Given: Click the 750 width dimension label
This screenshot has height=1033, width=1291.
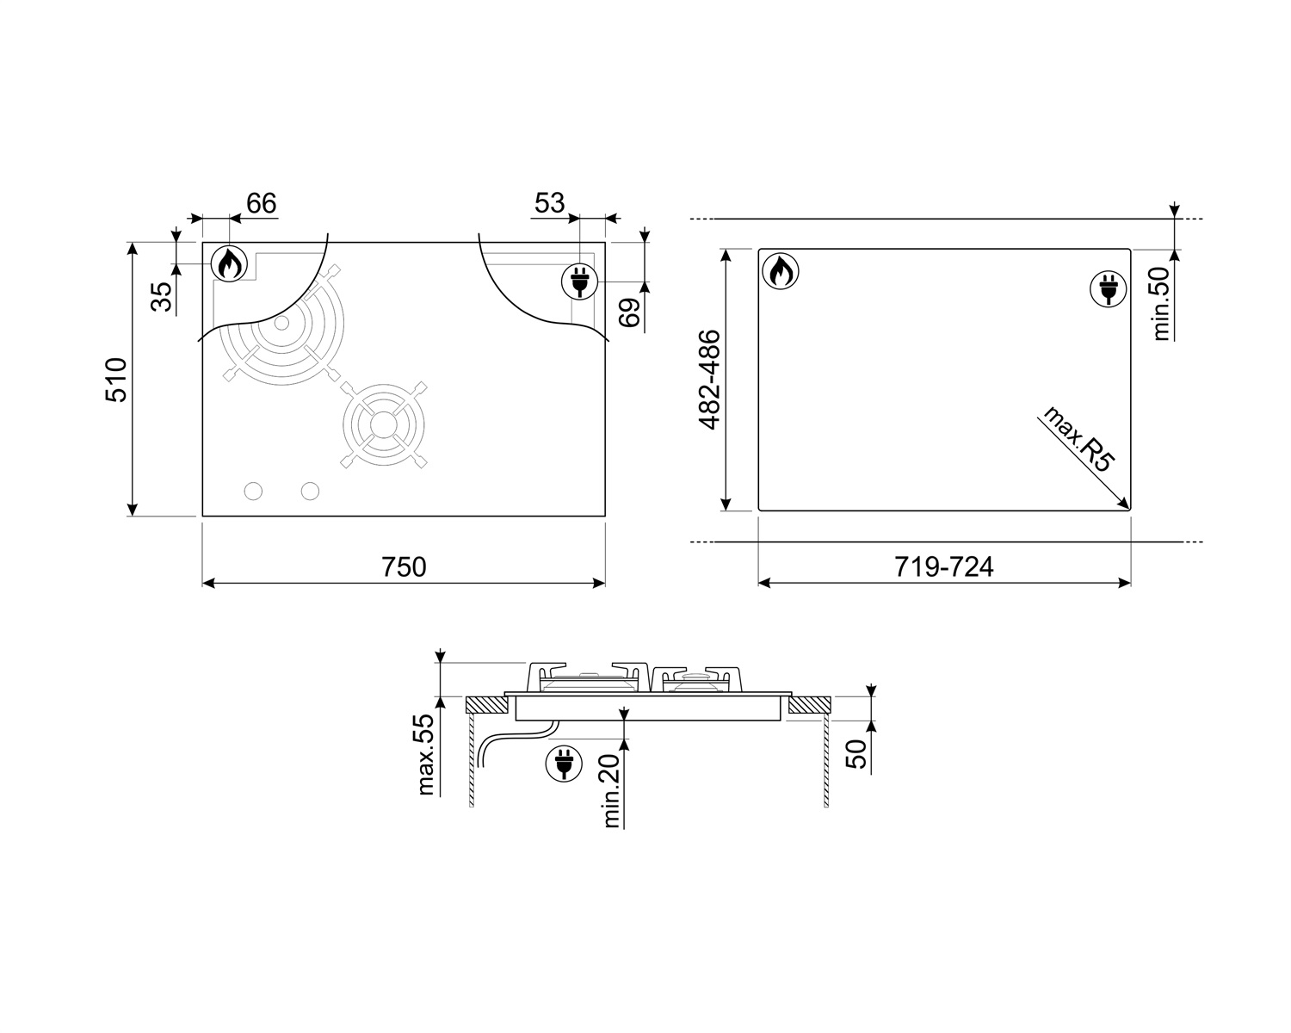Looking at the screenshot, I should pyautogui.click(x=404, y=567).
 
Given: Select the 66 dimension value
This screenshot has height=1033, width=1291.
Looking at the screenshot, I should pyautogui.click(x=261, y=203).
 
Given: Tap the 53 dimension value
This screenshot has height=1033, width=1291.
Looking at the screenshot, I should pyautogui.click(x=549, y=203).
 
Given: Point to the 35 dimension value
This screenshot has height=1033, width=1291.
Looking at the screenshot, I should pyautogui.click(x=162, y=296).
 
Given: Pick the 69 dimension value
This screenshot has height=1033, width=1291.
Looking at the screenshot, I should pyautogui.click(x=631, y=312).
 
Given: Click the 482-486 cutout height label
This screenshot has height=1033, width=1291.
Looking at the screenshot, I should pyautogui.click(x=709, y=379).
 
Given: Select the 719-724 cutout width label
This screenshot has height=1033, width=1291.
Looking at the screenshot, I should pyautogui.click(x=943, y=567).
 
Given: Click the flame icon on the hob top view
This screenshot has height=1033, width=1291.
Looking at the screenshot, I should pyautogui.click(x=229, y=264).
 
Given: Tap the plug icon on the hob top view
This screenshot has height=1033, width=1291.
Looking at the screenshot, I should pyautogui.click(x=580, y=281).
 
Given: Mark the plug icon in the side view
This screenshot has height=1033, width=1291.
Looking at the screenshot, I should pyautogui.click(x=563, y=763).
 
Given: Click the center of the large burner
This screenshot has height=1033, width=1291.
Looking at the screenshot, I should pyautogui.click(x=281, y=325).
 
